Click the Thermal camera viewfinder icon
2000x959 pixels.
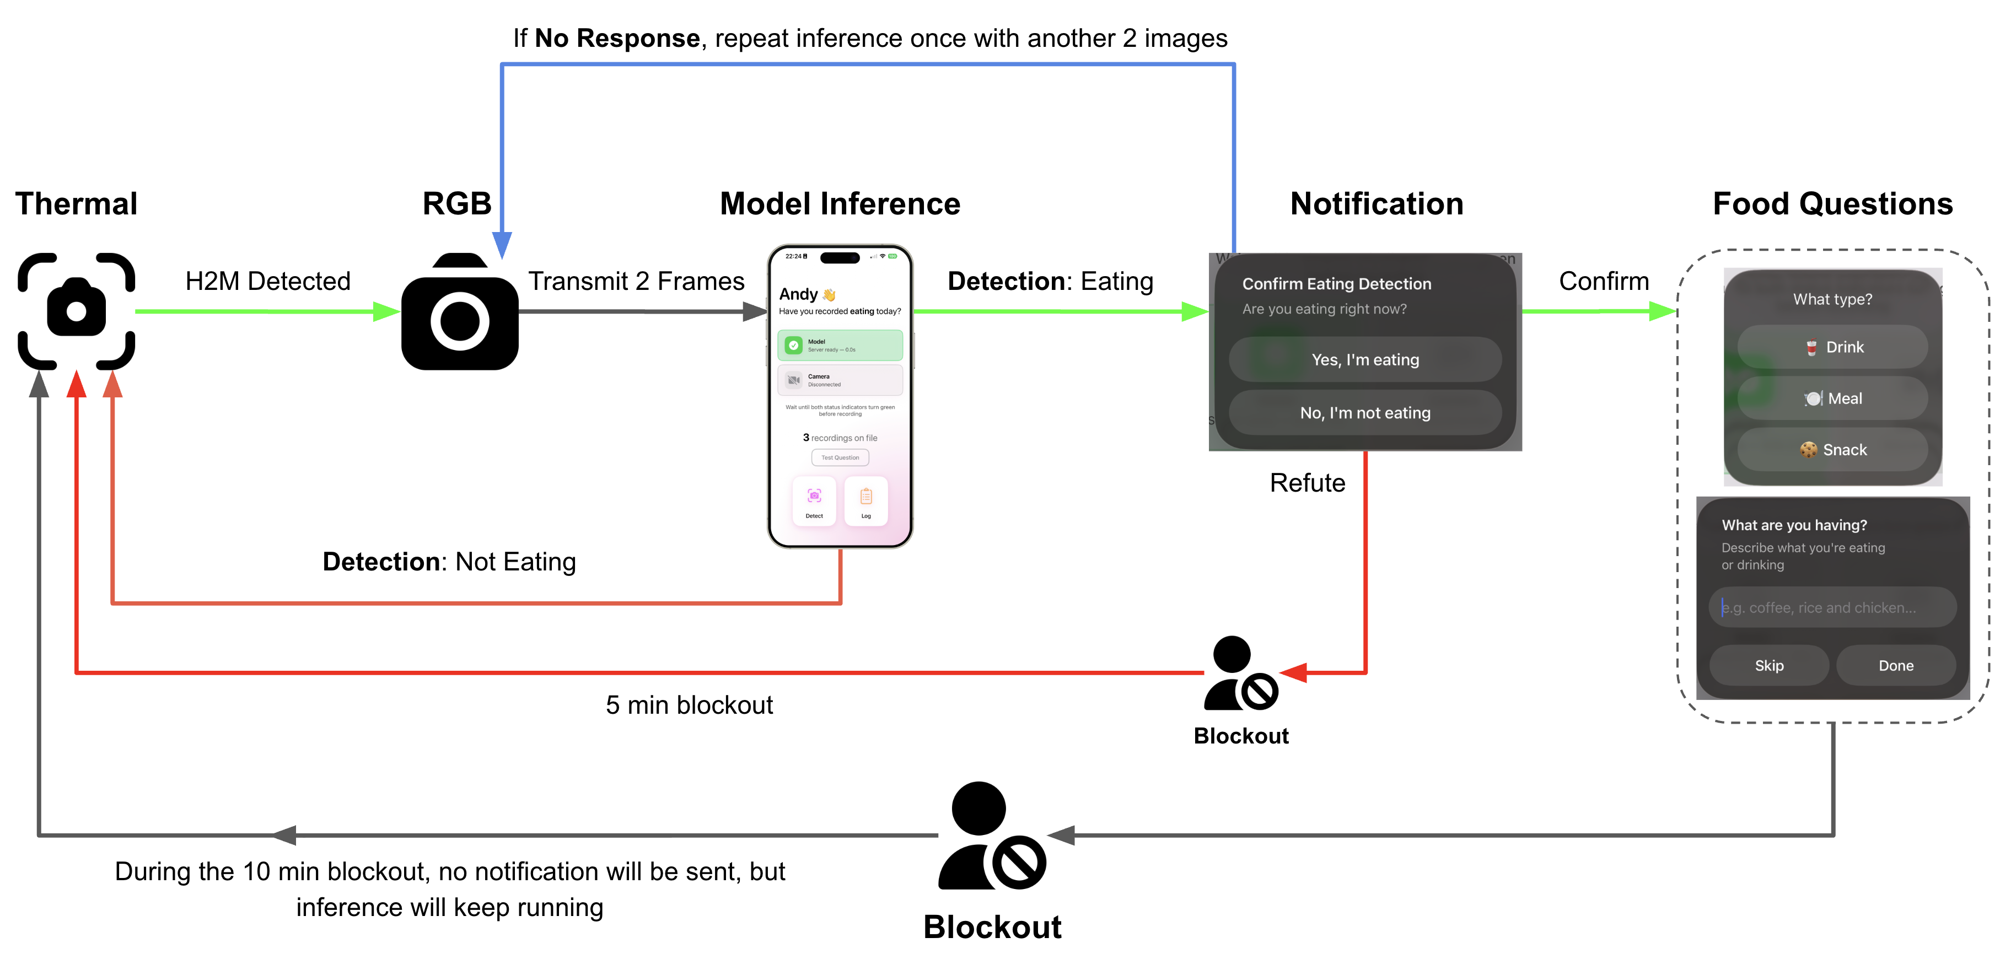(76, 311)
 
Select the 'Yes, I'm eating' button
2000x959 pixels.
(1365, 359)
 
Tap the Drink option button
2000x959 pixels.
(1832, 347)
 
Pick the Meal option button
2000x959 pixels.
(1832, 398)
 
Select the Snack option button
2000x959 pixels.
(1832, 450)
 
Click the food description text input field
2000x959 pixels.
(1832, 607)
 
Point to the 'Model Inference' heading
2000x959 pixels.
(840, 203)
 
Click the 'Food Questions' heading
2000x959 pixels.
(1832, 203)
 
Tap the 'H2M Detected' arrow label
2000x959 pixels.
(268, 281)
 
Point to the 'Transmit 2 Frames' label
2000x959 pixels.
(636, 281)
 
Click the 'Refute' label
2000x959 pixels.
(1308, 483)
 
